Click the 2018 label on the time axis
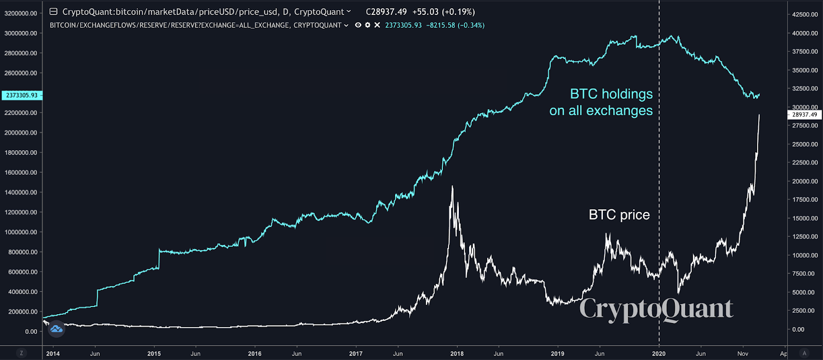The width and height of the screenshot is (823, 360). pyautogui.click(x=457, y=353)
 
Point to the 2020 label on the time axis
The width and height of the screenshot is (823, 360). pyautogui.click(x=658, y=353)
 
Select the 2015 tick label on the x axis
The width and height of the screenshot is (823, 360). pyautogui.click(x=154, y=353)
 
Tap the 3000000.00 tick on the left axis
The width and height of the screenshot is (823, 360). pyautogui.click(x=21, y=33)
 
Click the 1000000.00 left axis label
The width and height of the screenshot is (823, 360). pyautogui.click(x=21, y=232)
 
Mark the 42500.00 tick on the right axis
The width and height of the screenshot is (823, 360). pyautogui.click(x=805, y=14)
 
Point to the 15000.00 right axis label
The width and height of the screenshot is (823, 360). pyautogui.click(x=805, y=218)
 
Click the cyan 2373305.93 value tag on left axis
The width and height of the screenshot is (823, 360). pyautogui.click(x=22, y=95)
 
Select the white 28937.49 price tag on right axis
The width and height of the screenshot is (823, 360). pyautogui.click(x=804, y=115)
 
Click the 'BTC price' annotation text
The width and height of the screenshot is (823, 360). pyautogui.click(x=619, y=214)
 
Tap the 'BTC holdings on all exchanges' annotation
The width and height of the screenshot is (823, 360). pyautogui.click(x=601, y=102)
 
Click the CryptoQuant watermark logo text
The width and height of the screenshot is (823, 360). pyautogui.click(x=656, y=309)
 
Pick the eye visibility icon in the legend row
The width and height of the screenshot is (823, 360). pyautogui.click(x=358, y=25)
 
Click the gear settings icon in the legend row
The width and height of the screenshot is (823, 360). pyautogui.click(x=367, y=25)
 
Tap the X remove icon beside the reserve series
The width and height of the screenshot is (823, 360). pyautogui.click(x=377, y=25)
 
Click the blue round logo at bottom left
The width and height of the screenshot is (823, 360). pyautogui.click(x=56, y=328)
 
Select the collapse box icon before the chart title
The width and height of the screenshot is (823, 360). pyautogui.click(x=53, y=11)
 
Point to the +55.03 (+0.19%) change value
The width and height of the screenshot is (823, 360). pyautogui.click(x=443, y=11)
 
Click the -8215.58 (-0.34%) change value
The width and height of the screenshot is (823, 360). pyautogui.click(x=455, y=25)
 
